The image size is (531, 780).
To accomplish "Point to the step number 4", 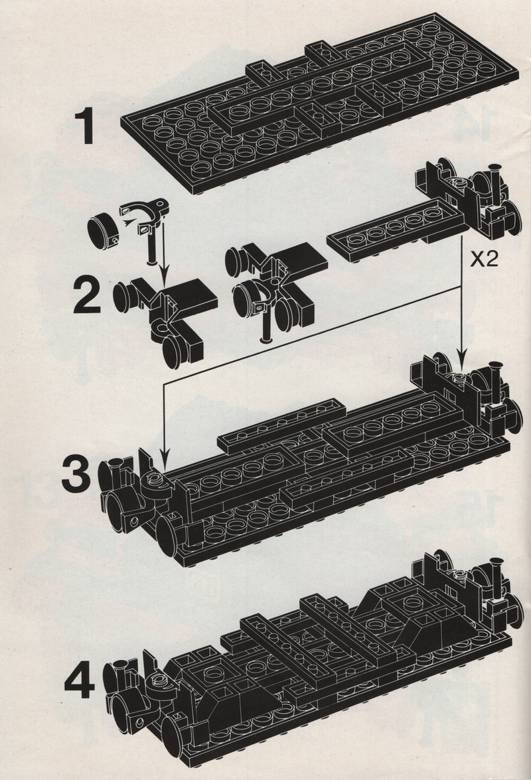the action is [80, 681].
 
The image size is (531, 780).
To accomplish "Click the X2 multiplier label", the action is [485, 260].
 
